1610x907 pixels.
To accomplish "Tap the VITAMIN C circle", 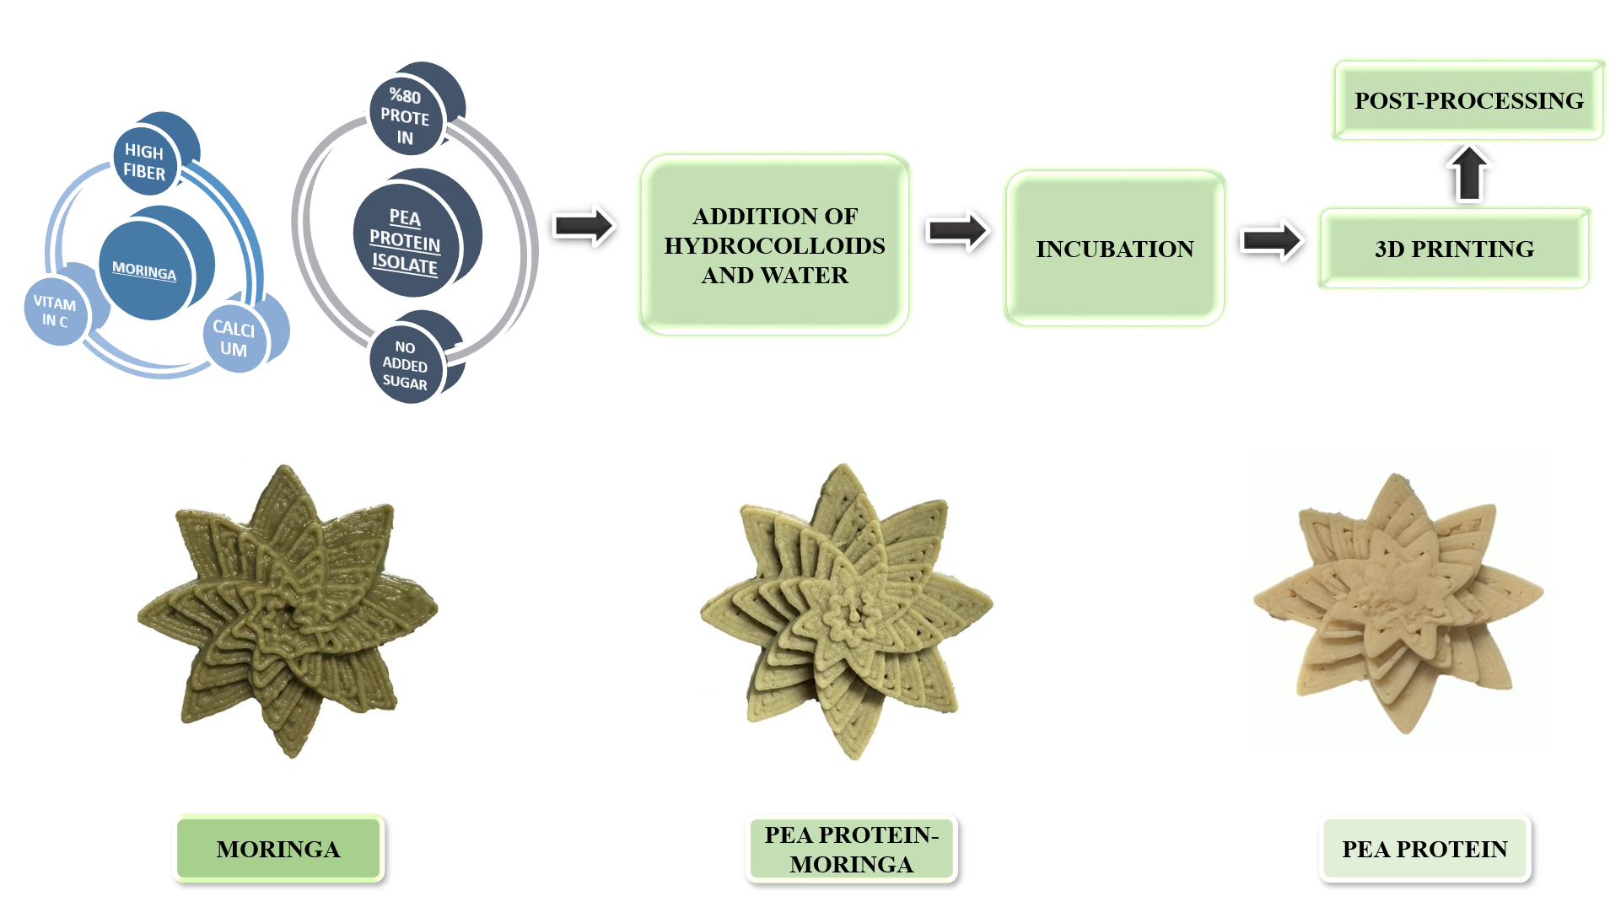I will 55,311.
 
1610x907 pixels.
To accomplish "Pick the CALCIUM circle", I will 234,339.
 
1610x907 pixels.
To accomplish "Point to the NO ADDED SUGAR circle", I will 406,365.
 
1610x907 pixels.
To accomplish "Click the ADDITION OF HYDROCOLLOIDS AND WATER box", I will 774,245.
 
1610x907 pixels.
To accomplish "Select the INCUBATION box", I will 1114,249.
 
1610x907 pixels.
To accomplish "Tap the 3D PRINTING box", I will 1454,249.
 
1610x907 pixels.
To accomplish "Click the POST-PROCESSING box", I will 1468,100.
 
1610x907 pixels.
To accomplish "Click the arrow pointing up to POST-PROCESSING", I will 1469,174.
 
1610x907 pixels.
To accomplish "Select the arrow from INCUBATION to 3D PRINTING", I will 1272,240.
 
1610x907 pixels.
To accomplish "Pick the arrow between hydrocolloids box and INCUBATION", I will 957,230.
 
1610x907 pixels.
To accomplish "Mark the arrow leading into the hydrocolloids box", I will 584,226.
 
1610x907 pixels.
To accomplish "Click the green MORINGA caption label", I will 278,849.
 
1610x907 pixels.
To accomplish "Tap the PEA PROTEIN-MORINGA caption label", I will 851,849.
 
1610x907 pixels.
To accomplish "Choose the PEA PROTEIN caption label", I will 1424,849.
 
